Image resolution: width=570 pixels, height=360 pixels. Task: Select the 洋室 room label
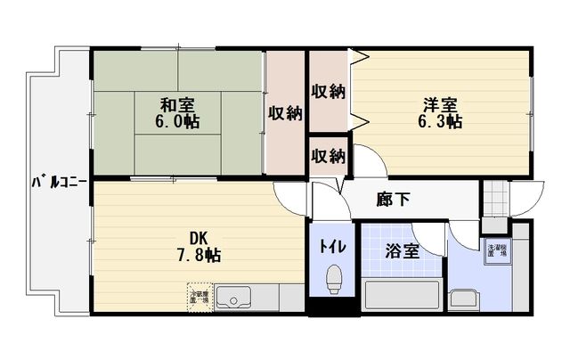tap(440, 102)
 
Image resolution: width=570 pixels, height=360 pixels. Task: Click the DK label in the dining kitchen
tap(199, 236)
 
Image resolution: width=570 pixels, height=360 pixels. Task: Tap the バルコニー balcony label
tap(59, 182)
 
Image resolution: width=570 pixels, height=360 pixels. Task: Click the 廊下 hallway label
tap(393, 200)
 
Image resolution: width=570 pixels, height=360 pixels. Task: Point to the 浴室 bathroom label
tap(402, 252)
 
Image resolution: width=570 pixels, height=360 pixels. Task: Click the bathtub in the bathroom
tap(401, 294)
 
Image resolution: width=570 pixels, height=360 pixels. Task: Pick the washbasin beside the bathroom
tap(464, 296)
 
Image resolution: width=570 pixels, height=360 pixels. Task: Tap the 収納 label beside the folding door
tap(328, 91)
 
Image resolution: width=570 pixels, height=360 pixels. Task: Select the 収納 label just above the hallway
tap(328, 155)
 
